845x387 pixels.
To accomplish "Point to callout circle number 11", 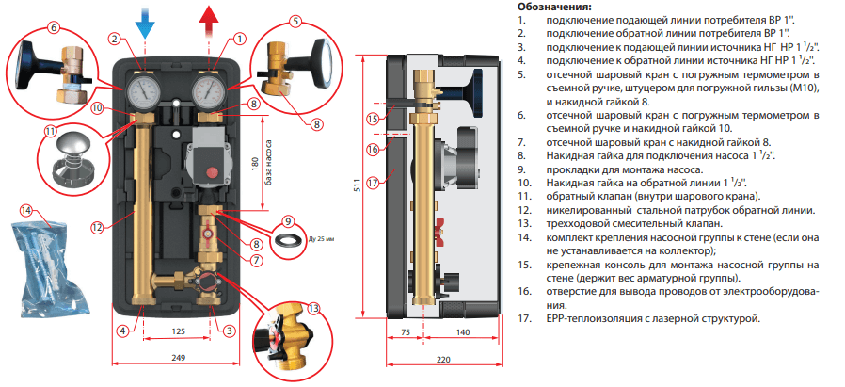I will pos(50,132).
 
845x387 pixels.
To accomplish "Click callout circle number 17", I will pos(373,183).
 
